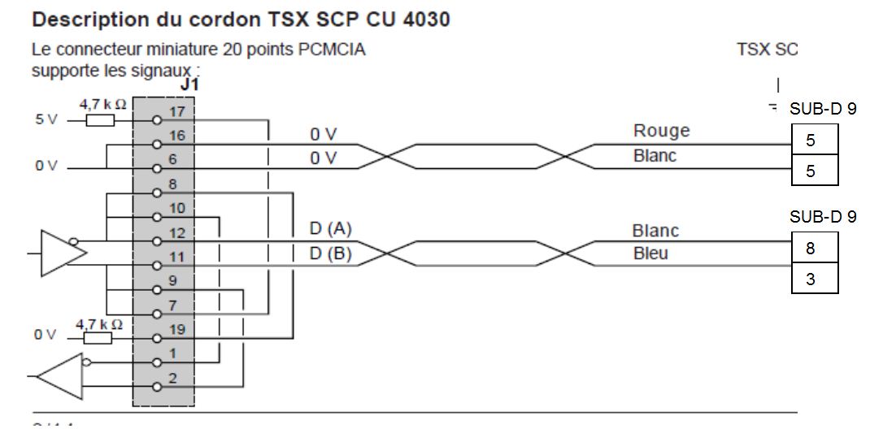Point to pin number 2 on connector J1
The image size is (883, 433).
tap(173, 378)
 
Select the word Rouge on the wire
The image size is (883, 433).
tap(660, 131)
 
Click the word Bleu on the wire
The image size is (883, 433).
tap(650, 253)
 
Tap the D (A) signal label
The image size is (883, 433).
tap(331, 229)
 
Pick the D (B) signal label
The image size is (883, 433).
tap(331, 254)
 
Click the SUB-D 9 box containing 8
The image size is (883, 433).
tap(814, 249)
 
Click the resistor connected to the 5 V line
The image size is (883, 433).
tap(101, 120)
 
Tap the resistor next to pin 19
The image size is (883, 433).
tap(98, 338)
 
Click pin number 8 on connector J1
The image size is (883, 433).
tap(172, 185)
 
